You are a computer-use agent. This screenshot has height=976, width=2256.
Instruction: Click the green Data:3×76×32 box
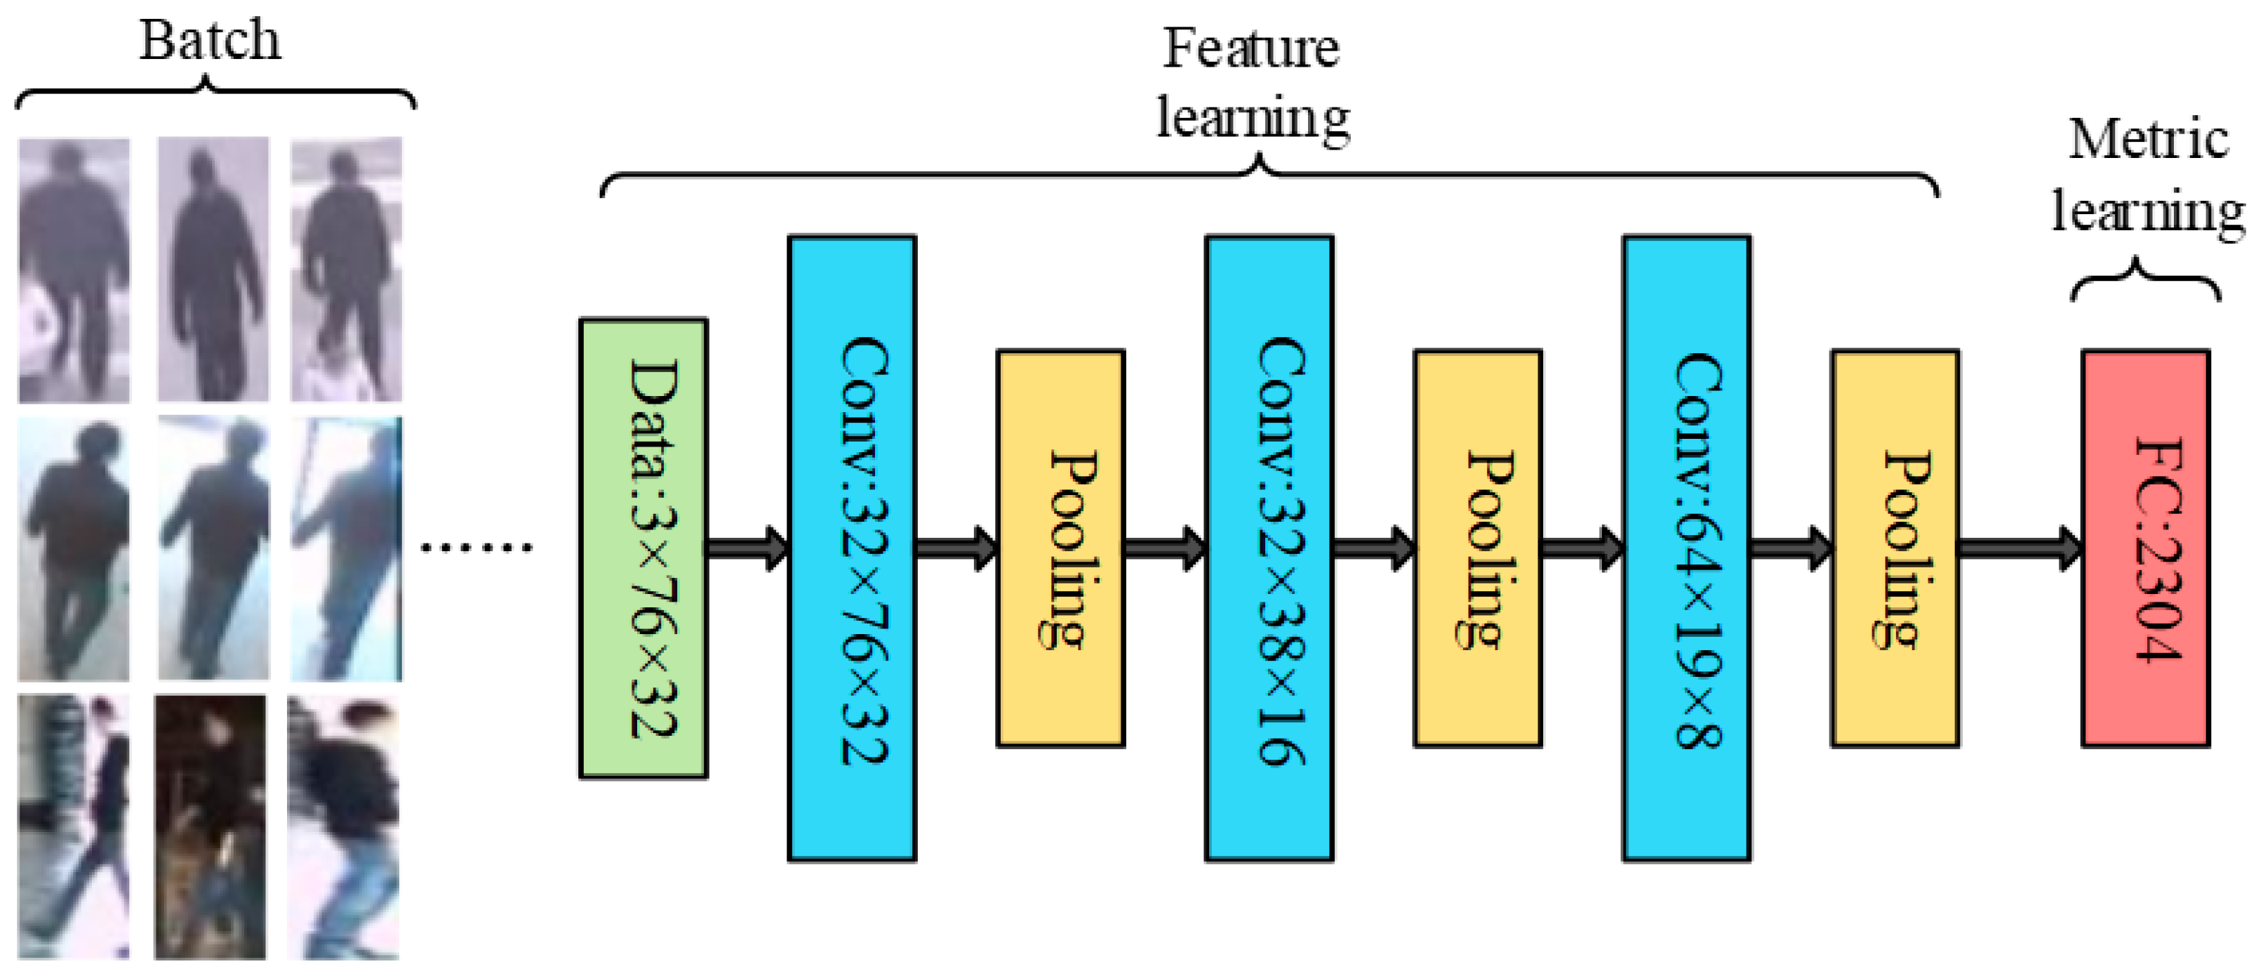(643, 548)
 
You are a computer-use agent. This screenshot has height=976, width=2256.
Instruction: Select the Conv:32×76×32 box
(852, 548)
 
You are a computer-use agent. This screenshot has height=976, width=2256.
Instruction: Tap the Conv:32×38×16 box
(1269, 548)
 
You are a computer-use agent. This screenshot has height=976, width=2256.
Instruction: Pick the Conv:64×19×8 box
(1687, 548)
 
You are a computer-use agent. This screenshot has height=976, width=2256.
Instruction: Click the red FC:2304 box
(2146, 548)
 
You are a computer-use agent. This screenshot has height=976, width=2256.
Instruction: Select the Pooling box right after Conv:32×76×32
(1060, 548)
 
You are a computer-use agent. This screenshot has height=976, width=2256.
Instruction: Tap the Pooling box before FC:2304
(1895, 548)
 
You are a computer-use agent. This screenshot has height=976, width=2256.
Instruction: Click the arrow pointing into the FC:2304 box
(2020, 548)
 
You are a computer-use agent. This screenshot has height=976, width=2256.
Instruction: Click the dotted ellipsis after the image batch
(476, 548)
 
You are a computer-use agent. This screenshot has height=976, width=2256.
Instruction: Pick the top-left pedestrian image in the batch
(74, 270)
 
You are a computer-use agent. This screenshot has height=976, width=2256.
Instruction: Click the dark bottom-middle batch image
(211, 827)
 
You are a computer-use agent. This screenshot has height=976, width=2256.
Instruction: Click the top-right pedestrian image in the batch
(347, 270)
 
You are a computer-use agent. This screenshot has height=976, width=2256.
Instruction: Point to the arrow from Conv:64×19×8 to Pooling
(1790, 548)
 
